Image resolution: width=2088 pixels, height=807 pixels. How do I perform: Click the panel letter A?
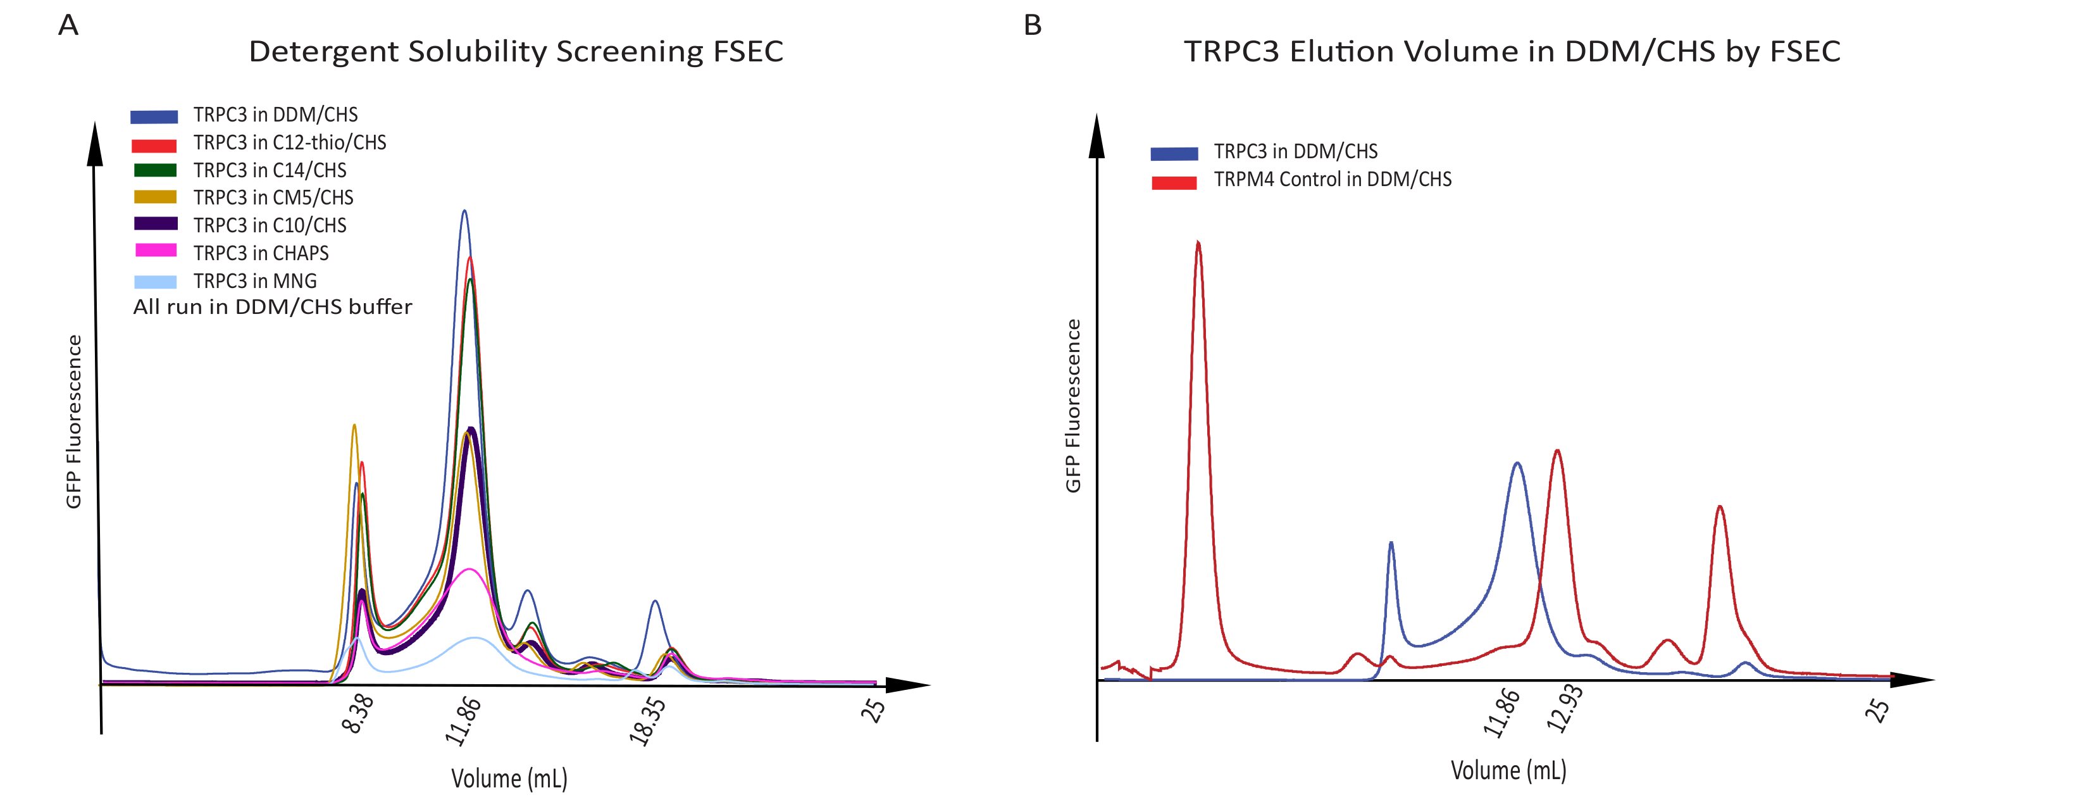click(x=68, y=25)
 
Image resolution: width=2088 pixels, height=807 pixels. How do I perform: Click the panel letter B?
click(x=1032, y=25)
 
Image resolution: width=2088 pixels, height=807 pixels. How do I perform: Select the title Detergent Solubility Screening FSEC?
click(x=516, y=52)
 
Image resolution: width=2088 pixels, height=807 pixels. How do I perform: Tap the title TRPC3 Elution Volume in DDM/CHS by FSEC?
click(x=1512, y=52)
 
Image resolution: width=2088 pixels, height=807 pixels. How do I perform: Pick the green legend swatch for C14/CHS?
click(x=154, y=170)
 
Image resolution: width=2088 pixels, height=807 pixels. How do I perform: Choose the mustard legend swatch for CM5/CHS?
click(x=154, y=197)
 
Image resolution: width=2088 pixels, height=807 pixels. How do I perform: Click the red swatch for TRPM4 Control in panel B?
click(x=1174, y=182)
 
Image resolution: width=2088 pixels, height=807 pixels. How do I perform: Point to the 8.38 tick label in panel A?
click(x=358, y=714)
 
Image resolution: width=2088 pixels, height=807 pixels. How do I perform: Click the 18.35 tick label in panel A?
click(x=648, y=720)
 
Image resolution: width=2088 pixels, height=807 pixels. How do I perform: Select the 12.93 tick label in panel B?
click(x=1564, y=708)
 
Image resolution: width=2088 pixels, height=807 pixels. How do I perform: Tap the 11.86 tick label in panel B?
click(x=1501, y=712)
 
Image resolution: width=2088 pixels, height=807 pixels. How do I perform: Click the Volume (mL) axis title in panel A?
click(x=509, y=779)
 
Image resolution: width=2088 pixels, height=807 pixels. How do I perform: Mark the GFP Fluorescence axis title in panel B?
click(x=1072, y=406)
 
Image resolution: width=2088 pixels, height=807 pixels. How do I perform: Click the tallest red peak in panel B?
click(x=1198, y=243)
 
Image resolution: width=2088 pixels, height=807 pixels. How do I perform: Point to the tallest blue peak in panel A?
click(x=464, y=213)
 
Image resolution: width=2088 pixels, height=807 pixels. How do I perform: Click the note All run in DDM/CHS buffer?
click(x=272, y=306)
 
